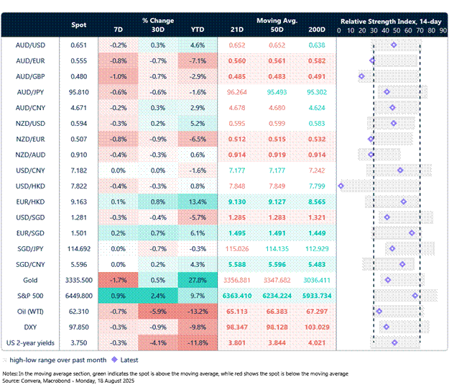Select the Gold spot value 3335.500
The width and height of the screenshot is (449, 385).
[x=79, y=280]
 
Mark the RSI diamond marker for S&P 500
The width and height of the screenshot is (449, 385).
[x=415, y=296]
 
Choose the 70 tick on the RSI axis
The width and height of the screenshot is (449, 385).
[x=419, y=31]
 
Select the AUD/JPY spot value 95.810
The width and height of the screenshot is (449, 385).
[x=79, y=92]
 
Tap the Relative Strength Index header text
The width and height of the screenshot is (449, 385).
[x=391, y=22]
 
